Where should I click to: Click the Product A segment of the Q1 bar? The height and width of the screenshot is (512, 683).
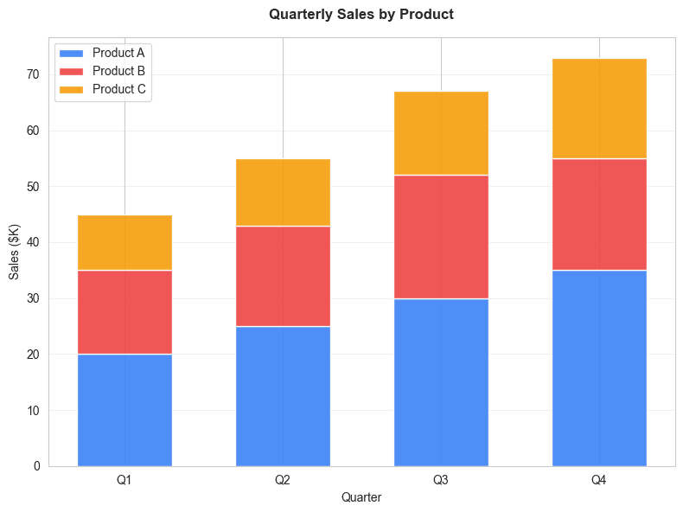click(124, 410)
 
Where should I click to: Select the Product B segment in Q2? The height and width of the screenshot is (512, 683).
click(283, 276)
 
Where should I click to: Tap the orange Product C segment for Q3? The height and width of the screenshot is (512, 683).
click(441, 133)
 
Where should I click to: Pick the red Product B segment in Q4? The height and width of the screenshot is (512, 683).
click(599, 214)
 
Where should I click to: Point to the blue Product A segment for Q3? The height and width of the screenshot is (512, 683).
click(441, 382)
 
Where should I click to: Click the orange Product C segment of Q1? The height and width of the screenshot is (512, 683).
click(124, 242)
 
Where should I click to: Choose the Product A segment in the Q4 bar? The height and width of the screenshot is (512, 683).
click(599, 368)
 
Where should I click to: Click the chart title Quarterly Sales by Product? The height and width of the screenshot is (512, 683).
click(361, 15)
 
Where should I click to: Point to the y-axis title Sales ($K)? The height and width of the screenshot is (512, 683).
click(15, 251)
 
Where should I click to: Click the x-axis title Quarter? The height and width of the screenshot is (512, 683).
click(361, 497)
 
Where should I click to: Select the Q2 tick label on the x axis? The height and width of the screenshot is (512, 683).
click(283, 478)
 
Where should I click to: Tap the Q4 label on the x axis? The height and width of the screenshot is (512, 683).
click(599, 478)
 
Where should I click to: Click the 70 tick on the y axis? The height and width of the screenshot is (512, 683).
click(33, 75)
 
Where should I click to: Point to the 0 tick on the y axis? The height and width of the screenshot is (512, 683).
click(36, 466)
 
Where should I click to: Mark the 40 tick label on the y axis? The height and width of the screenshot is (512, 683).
click(33, 243)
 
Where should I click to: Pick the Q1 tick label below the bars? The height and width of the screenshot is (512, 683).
click(124, 478)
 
